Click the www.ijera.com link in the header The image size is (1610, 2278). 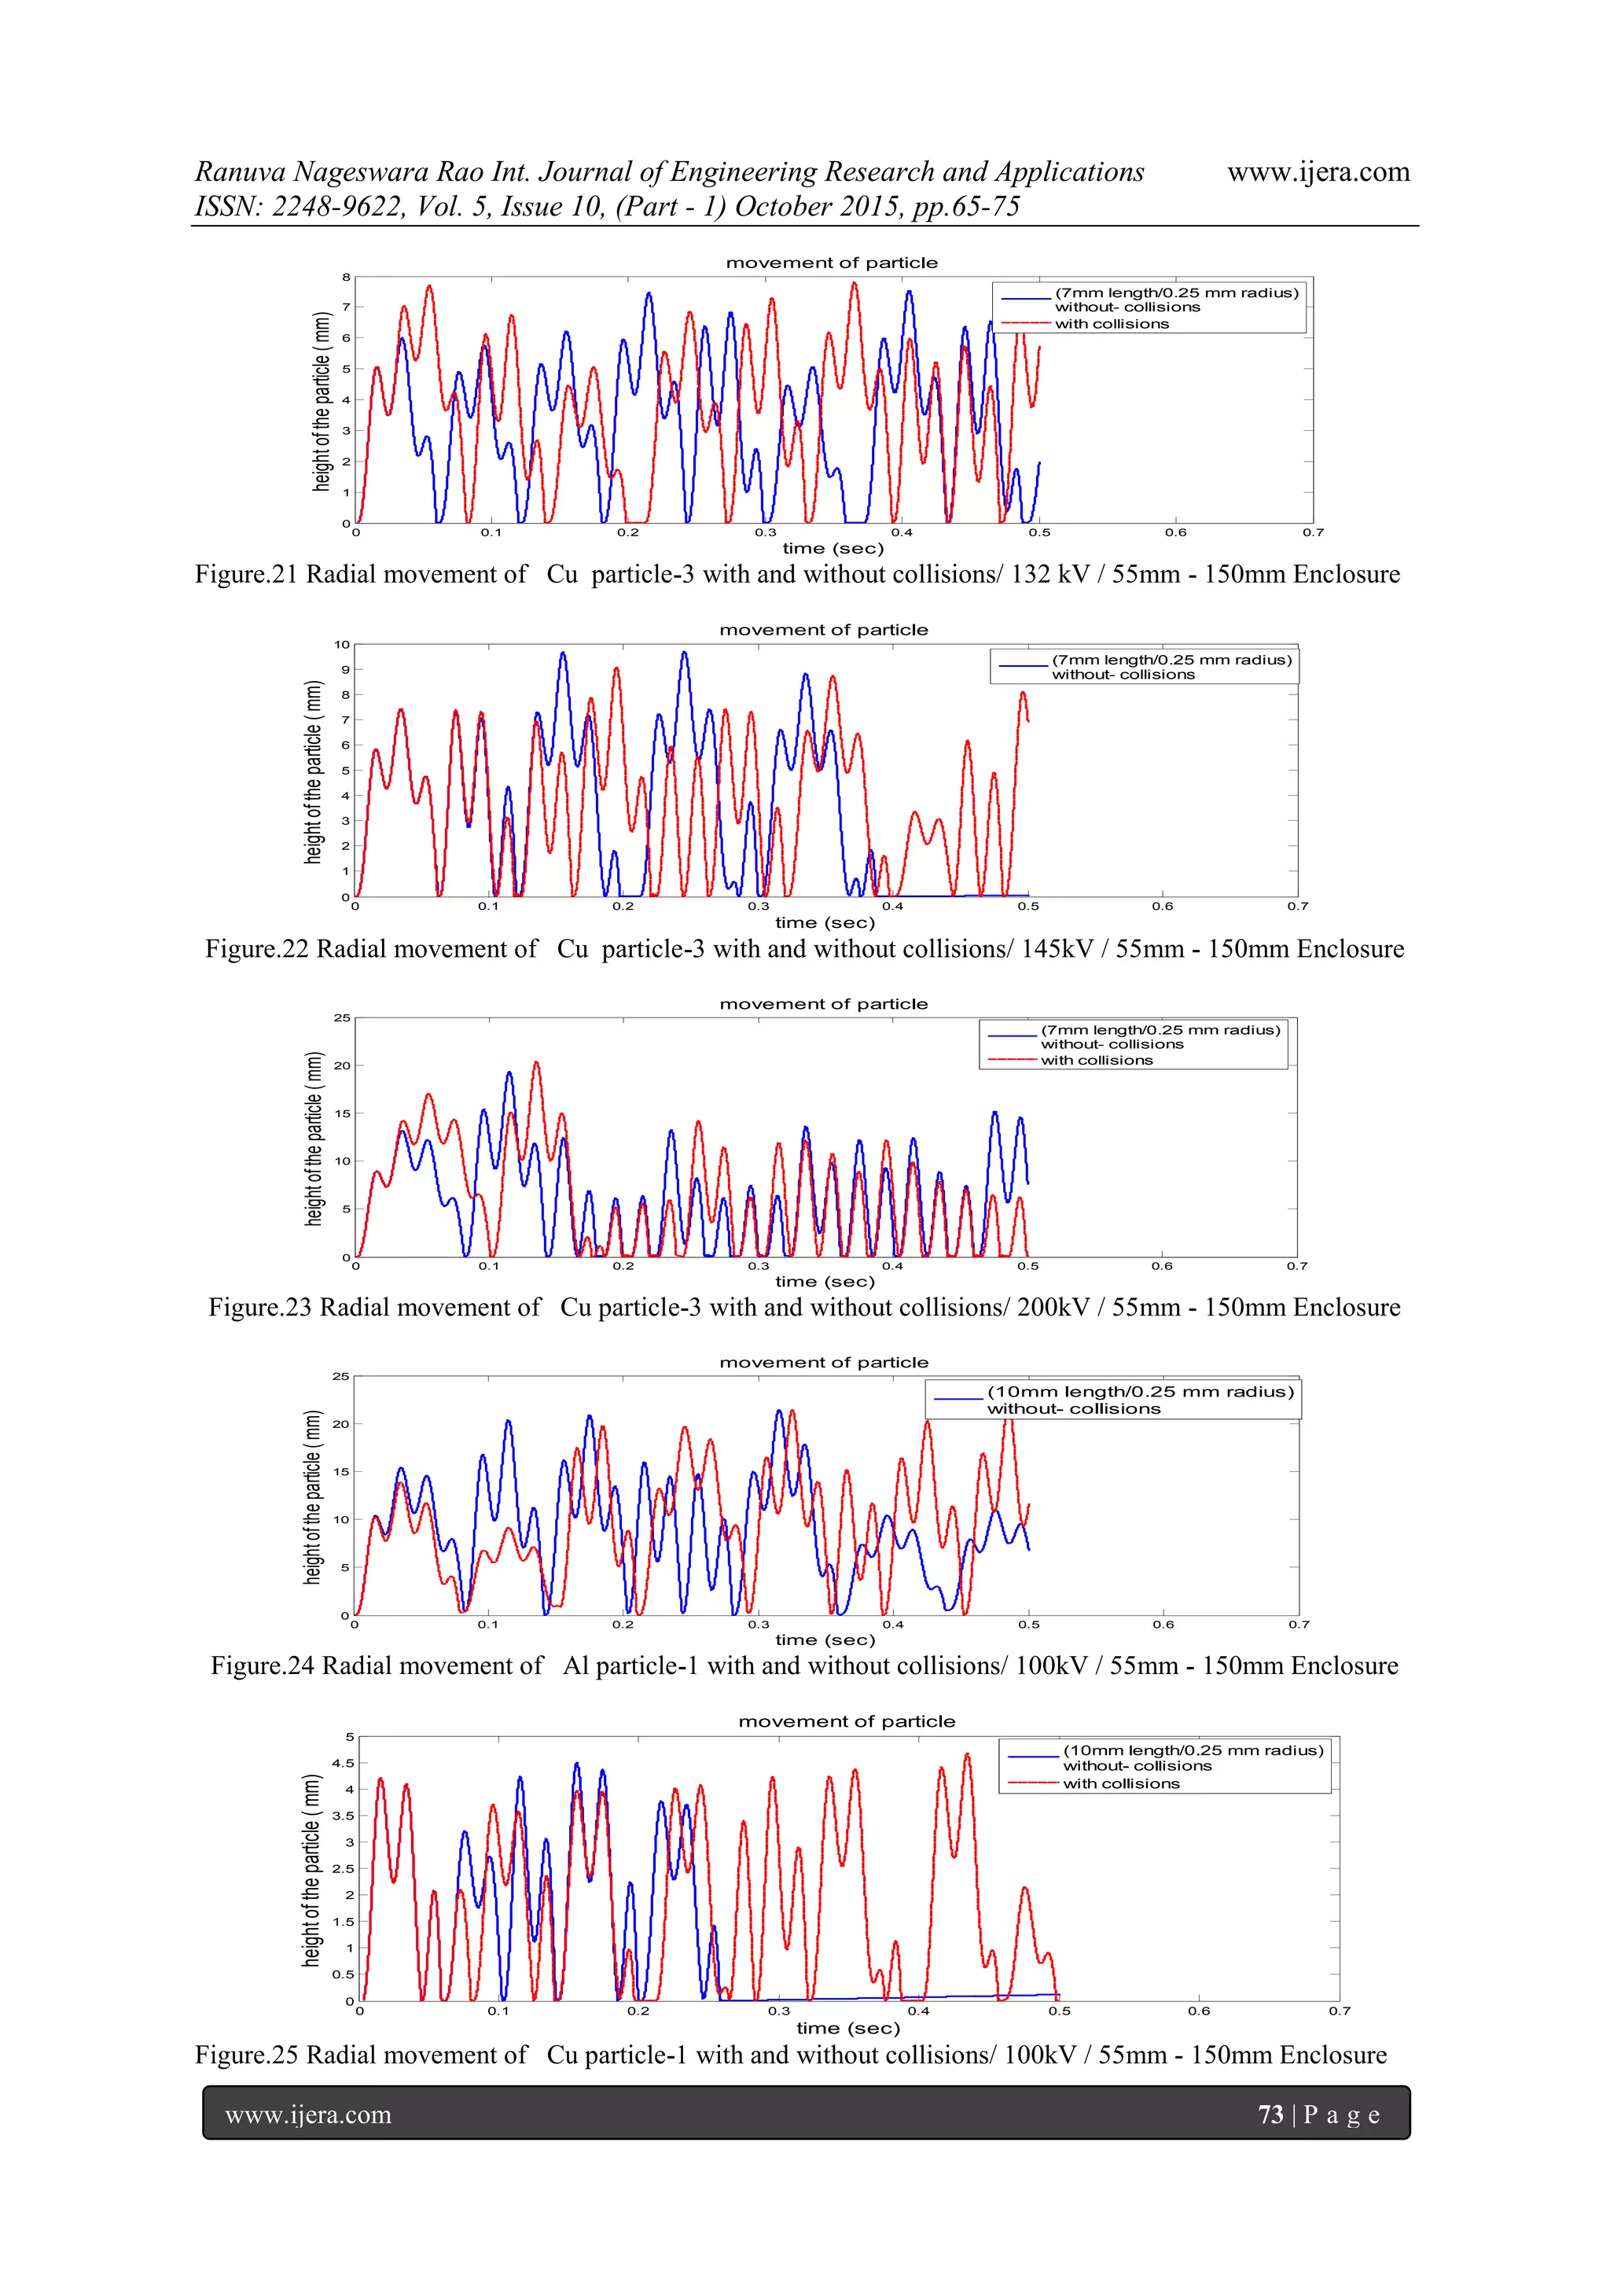click(x=1318, y=173)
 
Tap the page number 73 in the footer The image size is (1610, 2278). click(x=1270, y=2114)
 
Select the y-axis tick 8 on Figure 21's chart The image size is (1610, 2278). click(x=346, y=277)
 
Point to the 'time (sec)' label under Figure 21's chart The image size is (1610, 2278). click(x=833, y=549)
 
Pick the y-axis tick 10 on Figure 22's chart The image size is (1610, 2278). click(x=342, y=645)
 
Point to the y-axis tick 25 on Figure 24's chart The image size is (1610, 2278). click(x=341, y=1376)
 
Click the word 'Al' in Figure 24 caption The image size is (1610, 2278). click(x=576, y=1665)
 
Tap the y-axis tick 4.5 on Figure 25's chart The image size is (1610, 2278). click(x=344, y=1763)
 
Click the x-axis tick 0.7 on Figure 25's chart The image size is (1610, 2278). click(x=1340, y=2011)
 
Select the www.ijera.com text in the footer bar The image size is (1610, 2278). click(x=308, y=2115)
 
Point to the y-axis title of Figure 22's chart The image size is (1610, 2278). click(x=314, y=772)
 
